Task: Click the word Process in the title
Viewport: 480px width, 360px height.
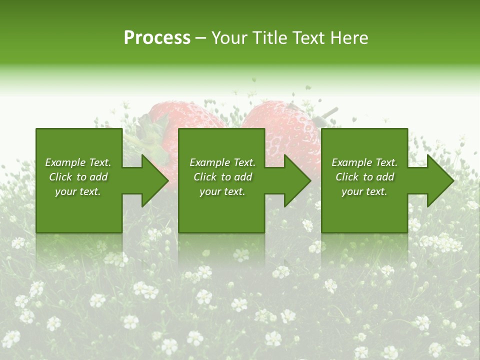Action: tap(157, 38)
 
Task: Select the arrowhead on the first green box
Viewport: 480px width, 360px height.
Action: tap(152, 180)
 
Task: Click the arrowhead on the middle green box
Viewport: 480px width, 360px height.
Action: tap(295, 180)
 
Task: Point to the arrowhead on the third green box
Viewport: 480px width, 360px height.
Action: tap(438, 180)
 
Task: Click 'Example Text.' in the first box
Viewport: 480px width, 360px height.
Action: tap(78, 162)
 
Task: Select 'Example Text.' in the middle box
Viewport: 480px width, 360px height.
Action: tap(222, 162)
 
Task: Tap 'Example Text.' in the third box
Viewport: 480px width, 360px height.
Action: tap(364, 162)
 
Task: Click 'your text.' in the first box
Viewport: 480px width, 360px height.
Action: tap(78, 191)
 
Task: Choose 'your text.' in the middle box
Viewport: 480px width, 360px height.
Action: tap(222, 191)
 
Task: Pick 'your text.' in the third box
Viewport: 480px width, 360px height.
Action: tap(364, 191)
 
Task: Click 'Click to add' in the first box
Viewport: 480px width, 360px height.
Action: tap(78, 177)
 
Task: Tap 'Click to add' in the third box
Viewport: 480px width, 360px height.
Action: tap(364, 177)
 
